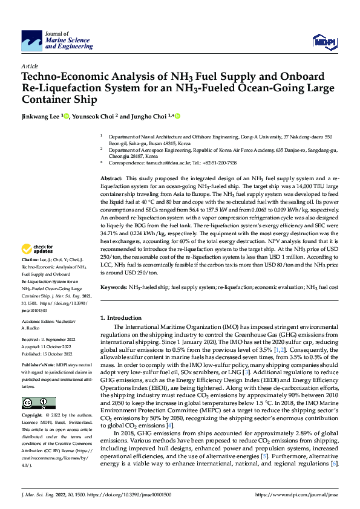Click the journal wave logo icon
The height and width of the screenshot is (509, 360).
click(31, 42)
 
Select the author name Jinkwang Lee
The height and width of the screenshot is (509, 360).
click(42, 116)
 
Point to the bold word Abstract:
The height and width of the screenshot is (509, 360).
click(111, 180)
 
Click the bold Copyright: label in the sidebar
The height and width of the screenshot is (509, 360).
click(33, 416)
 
